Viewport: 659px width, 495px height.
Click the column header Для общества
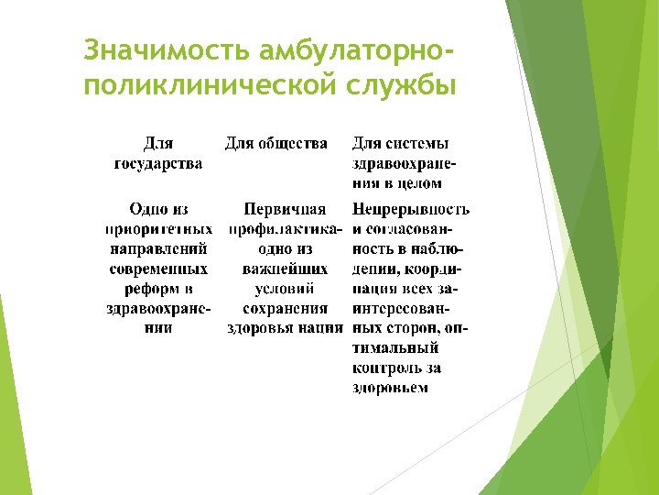tap(275, 144)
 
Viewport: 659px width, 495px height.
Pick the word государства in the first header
tap(158, 163)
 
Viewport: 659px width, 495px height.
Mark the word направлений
tap(158, 248)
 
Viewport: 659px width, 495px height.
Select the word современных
tap(158, 269)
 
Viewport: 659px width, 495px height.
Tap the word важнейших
tap(285, 269)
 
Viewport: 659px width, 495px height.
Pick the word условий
tap(285, 289)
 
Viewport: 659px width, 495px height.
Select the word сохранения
tap(285, 309)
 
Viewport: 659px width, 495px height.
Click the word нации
tap(320, 328)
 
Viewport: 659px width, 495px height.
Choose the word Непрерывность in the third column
tap(411, 209)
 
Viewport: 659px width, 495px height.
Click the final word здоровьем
tap(391, 388)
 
